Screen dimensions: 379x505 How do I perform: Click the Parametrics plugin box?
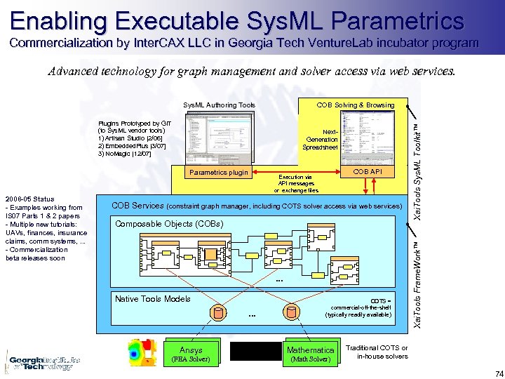[219, 173]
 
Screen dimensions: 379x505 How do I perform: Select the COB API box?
[367, 172]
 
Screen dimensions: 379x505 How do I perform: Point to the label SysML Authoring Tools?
[219, 105]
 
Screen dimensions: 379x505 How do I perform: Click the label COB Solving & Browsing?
[355, 105]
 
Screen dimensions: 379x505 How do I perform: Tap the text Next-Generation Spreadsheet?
[321, 139]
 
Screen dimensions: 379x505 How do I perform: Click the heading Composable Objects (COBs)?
[169, 225]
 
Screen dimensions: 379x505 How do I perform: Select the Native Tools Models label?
[152, 299]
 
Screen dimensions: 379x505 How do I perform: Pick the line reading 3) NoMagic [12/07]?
[124, 153]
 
